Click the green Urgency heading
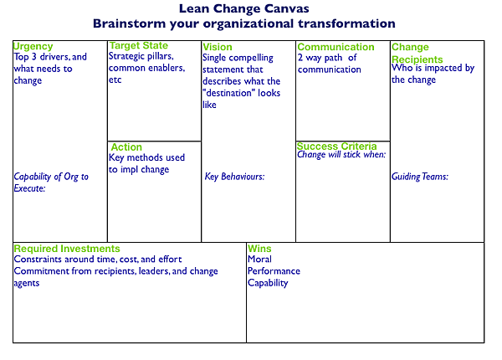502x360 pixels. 33,46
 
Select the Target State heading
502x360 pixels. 139,45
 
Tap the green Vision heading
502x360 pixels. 218,47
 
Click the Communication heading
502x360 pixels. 336,47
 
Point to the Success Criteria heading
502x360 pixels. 337,146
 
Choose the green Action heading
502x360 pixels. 126,147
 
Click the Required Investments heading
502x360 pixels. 67,249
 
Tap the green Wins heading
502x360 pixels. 259,249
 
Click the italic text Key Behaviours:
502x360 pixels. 234,177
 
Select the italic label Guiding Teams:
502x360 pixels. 420,177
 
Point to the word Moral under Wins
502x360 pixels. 259,259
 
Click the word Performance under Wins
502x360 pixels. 274,271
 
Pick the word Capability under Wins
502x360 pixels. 268,283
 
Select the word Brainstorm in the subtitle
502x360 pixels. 130,23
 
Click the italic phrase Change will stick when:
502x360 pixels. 341,155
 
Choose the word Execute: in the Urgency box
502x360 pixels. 30,188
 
